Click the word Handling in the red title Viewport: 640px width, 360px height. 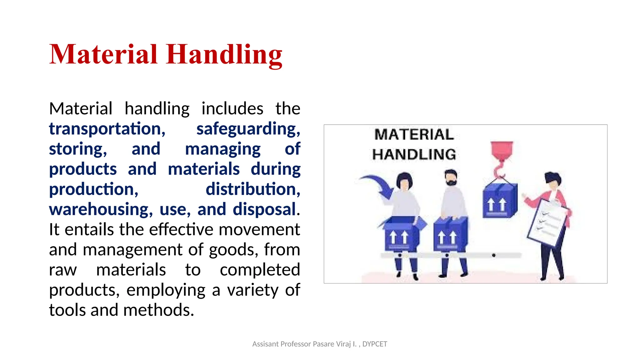pos(224,55)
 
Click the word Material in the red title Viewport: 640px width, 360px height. pos(103,55)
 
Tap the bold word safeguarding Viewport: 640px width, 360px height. pos(248,129)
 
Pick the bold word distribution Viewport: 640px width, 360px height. pos(253,189)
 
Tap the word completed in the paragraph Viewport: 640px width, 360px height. pos(260,270)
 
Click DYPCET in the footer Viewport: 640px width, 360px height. pos(374,344)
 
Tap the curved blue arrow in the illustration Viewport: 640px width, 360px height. pos(378,186)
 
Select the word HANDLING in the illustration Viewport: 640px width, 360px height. pos(414,155)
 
